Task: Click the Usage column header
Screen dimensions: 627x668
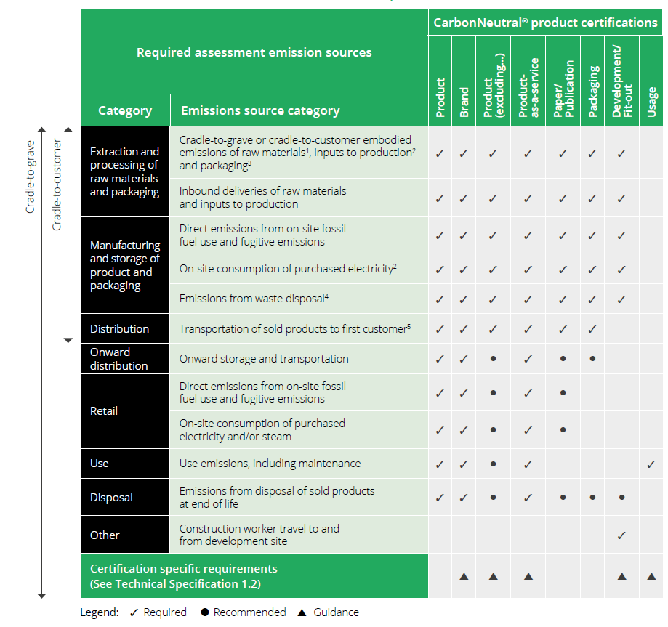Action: [651, 101]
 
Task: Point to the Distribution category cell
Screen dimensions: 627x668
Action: [119, 329]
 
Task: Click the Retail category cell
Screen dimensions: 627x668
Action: [104, 411]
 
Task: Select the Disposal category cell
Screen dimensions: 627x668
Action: [111, 498]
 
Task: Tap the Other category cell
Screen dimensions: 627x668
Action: [105, 535]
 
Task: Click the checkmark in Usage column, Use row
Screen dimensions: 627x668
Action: [651, 464]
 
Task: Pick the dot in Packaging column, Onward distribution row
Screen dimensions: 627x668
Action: [593, 359]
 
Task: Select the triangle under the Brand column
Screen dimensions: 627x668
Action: [464, 576]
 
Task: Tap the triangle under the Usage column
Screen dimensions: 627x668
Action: [651, 576]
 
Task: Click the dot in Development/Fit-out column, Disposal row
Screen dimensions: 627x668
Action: [621, 498]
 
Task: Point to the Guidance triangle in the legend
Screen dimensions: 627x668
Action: [302, 612]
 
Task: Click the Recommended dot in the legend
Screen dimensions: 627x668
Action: [205, 612]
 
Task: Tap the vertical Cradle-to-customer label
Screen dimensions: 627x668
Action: [57, 185]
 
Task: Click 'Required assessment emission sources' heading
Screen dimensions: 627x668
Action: [254, 52]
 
